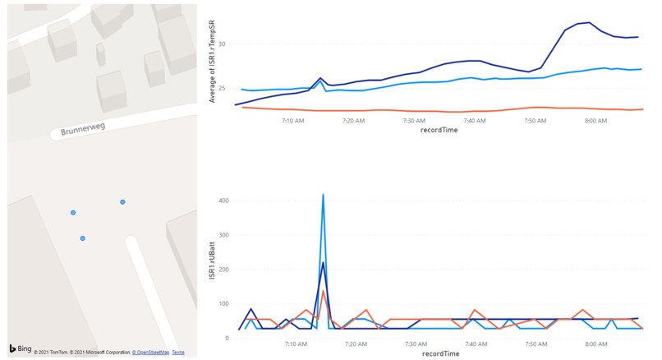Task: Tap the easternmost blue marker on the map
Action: click(x=122, y=202)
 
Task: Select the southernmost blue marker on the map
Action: click(x=83, y=238)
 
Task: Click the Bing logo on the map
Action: click(x=21, y=348)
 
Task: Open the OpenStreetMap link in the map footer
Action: click(x=150, y=353)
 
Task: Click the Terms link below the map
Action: click(x=178, y=353)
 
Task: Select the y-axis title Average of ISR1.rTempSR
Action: click(x=212, y=62)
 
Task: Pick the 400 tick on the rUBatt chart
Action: click(x=222, y=201)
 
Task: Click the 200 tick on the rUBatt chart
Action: click(x=222, y=270)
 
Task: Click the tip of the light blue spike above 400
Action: click(x=323, y=195)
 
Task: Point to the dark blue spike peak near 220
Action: click(x=323, y=263)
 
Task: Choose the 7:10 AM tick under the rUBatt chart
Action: click(x=294, y=344)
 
